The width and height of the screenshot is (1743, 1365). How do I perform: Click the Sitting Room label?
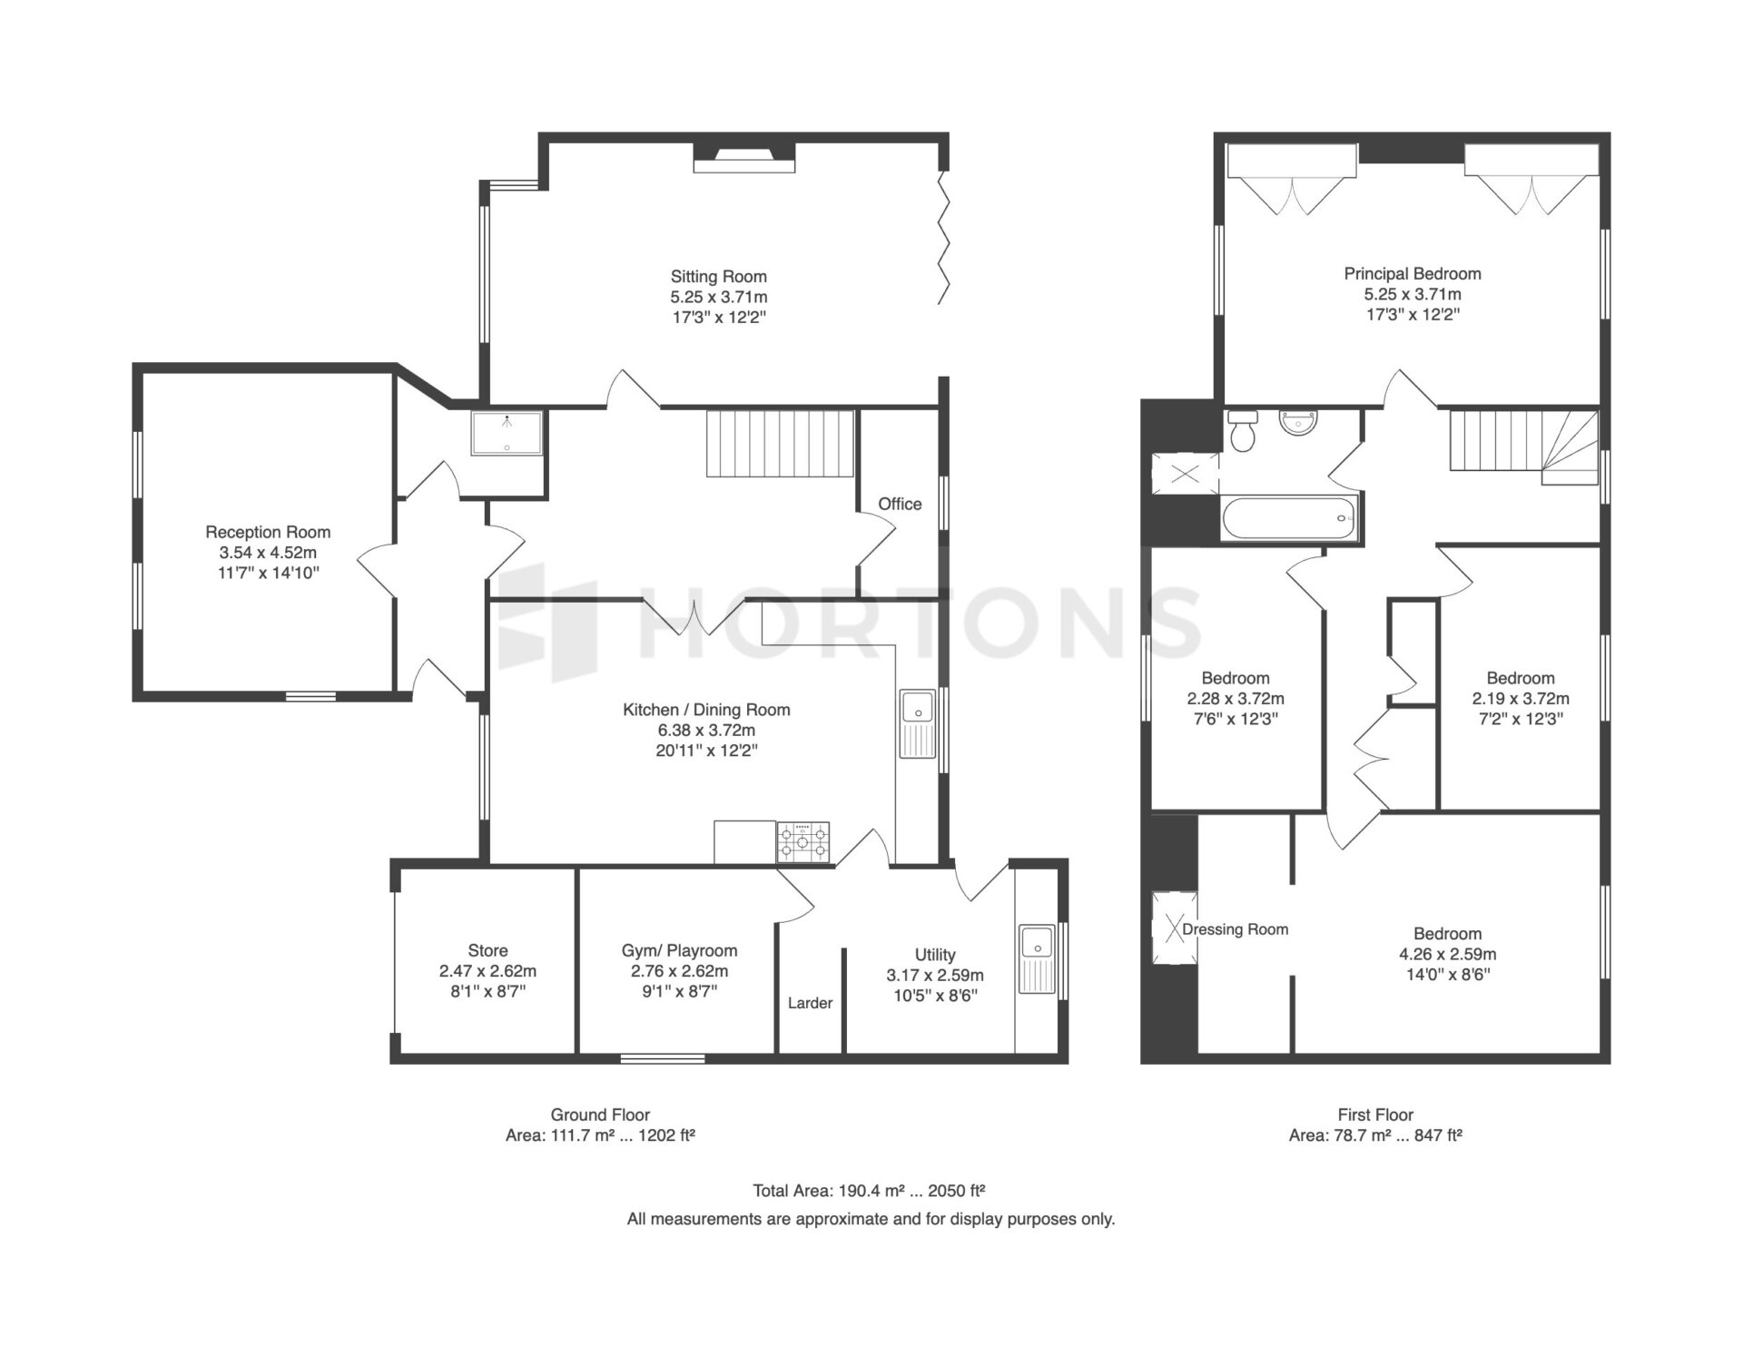[x=718, y=277]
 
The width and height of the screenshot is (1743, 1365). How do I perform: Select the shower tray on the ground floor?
[x=507, y=434]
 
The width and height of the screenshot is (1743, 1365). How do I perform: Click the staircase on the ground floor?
[x=781, y=444]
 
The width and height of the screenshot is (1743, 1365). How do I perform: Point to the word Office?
[x=900, y=504]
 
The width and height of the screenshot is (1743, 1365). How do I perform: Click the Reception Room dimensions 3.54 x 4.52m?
[x=268, y=553]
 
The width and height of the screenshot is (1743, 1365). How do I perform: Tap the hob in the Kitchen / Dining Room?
[x=803, y=841]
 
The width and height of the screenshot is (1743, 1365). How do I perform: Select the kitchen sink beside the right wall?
[x=918, y=723]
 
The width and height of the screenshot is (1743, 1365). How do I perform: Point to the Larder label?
[x=810, y=1003]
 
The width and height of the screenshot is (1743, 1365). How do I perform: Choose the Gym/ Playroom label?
[x=679, y=950]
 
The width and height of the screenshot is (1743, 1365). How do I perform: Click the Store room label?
[x=487, y=950]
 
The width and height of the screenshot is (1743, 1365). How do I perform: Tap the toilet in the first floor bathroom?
[x=1241, y=431]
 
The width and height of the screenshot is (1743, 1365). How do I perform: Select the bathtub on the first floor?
[x=1290, y=519]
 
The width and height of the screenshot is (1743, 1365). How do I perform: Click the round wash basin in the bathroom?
[x=1299, y=423]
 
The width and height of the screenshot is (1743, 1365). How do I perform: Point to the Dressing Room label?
[x=1236, y=929]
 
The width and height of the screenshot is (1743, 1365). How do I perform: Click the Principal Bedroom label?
[x=1413, y=273]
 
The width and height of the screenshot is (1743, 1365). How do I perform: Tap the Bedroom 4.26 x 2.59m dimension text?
[x=1448, y=954]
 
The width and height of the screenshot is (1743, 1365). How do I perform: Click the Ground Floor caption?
[x=600, y=1115]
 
